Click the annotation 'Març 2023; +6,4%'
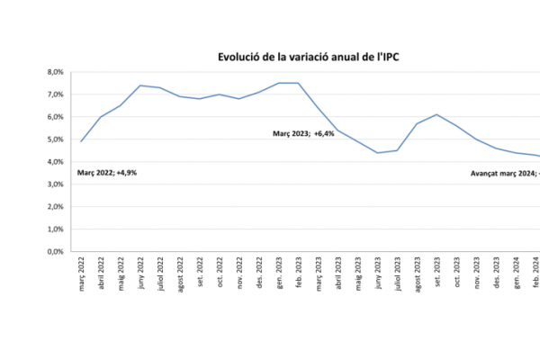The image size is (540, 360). point(303,133)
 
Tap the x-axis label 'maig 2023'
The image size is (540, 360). point(358,272)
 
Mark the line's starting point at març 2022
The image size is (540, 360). point(81,141)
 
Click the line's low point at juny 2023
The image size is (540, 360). point(378,153)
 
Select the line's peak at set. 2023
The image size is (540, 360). point(437,114)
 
